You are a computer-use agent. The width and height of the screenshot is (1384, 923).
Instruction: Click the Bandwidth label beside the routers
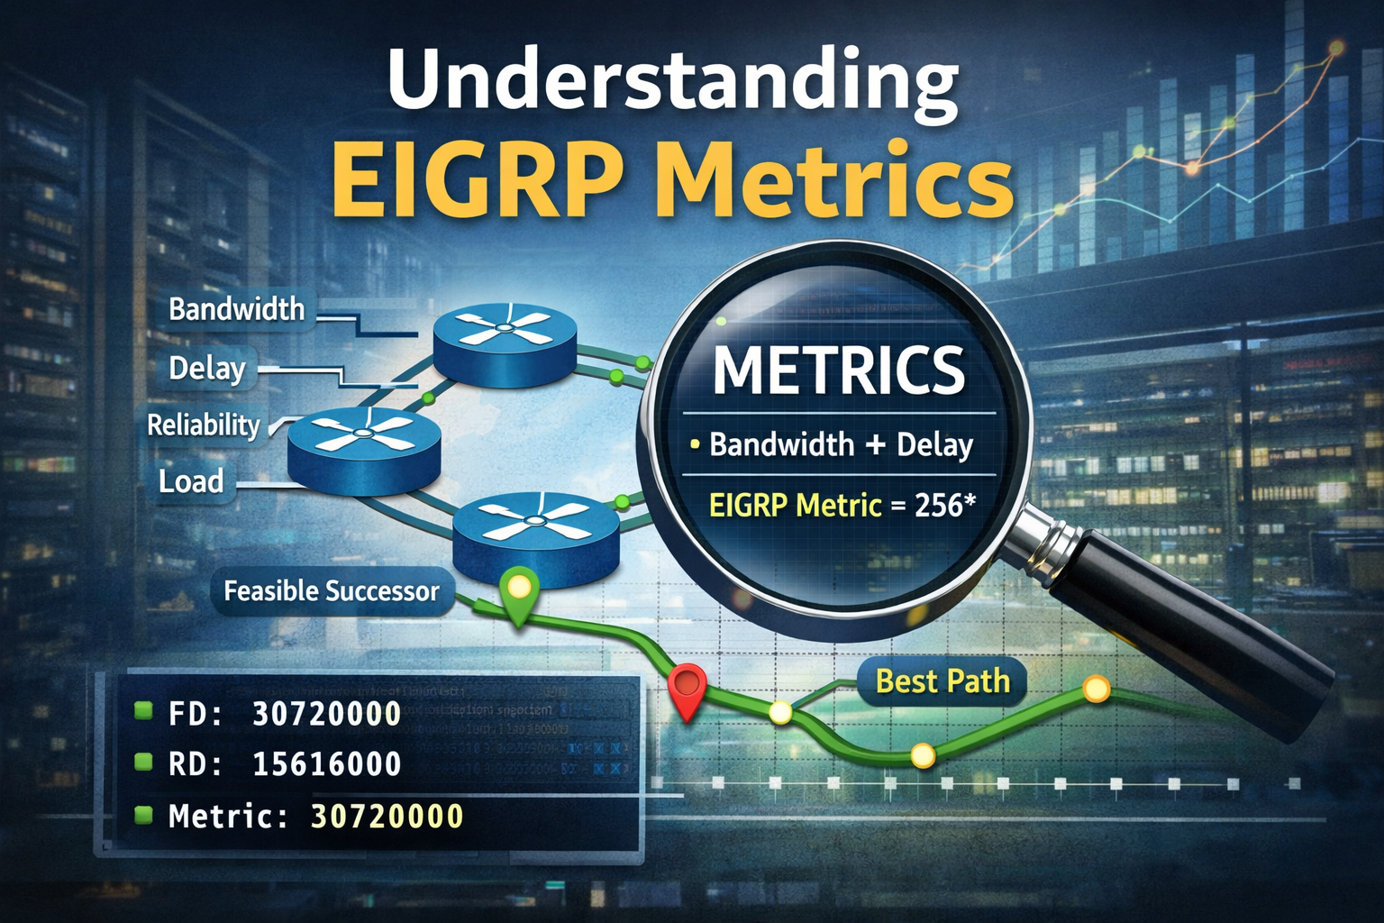tap(237, 310)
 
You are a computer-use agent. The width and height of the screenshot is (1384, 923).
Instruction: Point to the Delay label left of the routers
tap(207, 369)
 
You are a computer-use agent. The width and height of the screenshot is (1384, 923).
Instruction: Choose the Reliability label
tap(204, 425)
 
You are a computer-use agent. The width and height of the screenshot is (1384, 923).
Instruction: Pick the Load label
tap(191, 481)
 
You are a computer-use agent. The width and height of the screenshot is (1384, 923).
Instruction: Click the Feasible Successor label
tap(331, 591)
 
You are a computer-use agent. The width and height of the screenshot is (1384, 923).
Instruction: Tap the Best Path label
tap(942, 681)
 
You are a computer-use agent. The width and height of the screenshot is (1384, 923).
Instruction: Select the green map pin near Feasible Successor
tap(519, 590)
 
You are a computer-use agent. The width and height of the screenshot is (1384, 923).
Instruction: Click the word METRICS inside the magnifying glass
tap(839, 370)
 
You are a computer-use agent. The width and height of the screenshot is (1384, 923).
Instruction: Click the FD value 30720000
tap(326, 714)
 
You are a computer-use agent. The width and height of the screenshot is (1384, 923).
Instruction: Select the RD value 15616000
tap(326, 764)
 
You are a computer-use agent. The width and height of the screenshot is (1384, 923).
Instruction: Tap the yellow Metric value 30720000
tap(387, 817)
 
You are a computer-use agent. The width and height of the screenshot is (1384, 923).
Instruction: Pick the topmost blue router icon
tap(505, 343)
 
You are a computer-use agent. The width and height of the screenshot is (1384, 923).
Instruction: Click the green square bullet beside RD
tap(142, 763)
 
